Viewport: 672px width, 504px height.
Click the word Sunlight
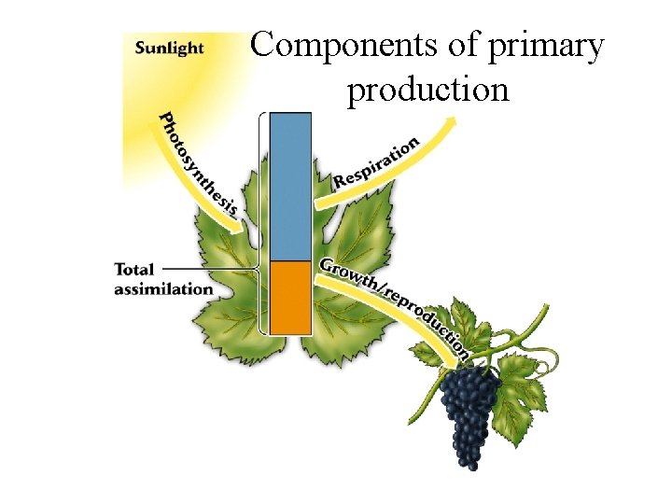[x=169, y=48]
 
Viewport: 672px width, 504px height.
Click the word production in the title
[x=428, y=90]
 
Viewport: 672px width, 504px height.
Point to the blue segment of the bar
[x=289, y=187]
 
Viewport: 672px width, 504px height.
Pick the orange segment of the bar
[x=289, y=297]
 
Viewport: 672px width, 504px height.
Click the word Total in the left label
[x=133, y=270]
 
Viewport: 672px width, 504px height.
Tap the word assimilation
[x=163, y=289]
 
